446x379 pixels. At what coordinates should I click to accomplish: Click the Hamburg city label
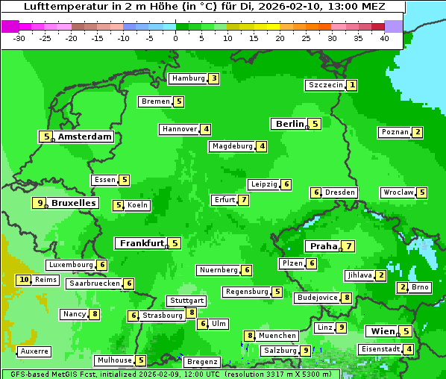[187, 78]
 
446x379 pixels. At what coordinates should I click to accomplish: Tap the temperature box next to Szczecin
[351, 85]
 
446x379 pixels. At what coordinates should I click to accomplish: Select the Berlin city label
[289, 124]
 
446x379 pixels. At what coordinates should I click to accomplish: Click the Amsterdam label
[84, 137]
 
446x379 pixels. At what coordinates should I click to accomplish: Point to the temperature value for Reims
[24, 280]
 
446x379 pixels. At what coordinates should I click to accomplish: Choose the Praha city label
[323, 246]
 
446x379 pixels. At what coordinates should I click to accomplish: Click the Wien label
[381, 331]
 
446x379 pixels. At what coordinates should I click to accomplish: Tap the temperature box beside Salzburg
[305, 351]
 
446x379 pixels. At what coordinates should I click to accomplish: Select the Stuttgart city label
[186, 301]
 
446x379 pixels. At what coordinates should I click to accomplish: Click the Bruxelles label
[73, 203]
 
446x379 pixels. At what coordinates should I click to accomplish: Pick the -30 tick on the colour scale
[20, 37]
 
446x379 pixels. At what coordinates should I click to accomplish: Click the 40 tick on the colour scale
[384, 37]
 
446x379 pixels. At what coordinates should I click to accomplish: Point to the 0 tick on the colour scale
[176, 37]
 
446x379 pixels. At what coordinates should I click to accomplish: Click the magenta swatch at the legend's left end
[10, 26]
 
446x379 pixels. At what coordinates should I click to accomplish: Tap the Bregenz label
[202, 362]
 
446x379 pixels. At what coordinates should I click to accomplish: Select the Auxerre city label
[34, 351]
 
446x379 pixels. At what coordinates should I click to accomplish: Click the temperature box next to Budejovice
[347, 298]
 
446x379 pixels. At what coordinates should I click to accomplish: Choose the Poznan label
[395, 132]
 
